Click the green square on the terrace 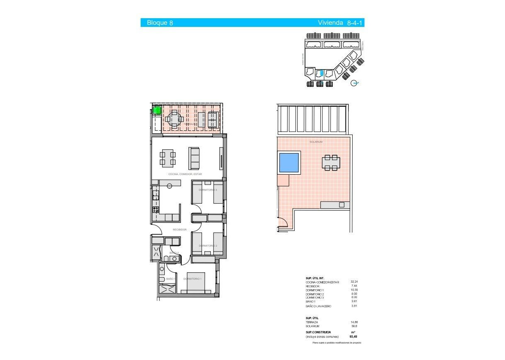click(157, 110)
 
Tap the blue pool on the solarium click(289, 163)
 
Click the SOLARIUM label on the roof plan click(316, 142)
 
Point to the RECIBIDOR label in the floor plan click(180, 230)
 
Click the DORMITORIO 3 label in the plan click(208, 190)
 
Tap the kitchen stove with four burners click(156, 209)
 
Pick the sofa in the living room click(194, 158)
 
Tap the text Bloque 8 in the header click(160, 23)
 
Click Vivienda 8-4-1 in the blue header click(340, 23)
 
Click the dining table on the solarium click(331, 163)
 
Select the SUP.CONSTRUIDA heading click(318, 332)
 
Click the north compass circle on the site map click(354, 83)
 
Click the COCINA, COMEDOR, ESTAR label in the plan click(185, 175)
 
